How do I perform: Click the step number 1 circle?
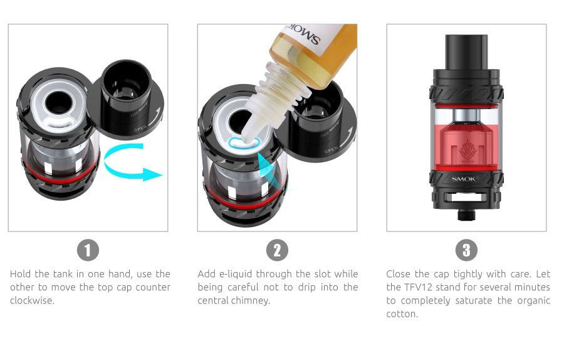88,250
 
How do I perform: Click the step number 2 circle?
277,250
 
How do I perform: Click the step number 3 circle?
466,250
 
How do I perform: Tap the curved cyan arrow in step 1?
132,165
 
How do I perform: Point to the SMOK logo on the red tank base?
466,179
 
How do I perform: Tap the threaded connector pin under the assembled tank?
466,213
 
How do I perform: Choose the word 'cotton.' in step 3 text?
402,314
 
